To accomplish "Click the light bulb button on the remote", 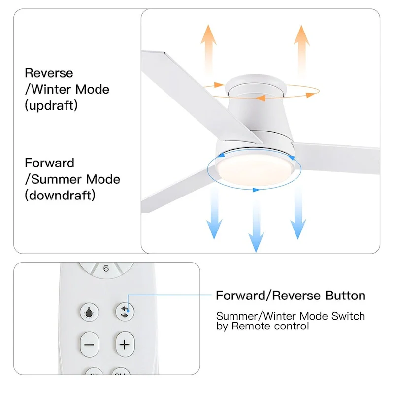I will (89, 311).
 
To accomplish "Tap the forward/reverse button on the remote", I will (124, 311).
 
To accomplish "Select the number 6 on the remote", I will (106, 269).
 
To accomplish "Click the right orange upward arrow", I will (301, 49).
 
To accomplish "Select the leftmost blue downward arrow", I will (214, 212).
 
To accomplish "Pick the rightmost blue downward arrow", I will (298, 212).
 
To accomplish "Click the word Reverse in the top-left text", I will (49, 73).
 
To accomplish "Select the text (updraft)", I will (51, 105).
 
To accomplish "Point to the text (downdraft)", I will (60, 195).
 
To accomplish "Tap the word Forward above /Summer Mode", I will (50, 163).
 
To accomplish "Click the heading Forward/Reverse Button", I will (291, 295).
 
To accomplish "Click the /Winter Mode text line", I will (67, 90).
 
